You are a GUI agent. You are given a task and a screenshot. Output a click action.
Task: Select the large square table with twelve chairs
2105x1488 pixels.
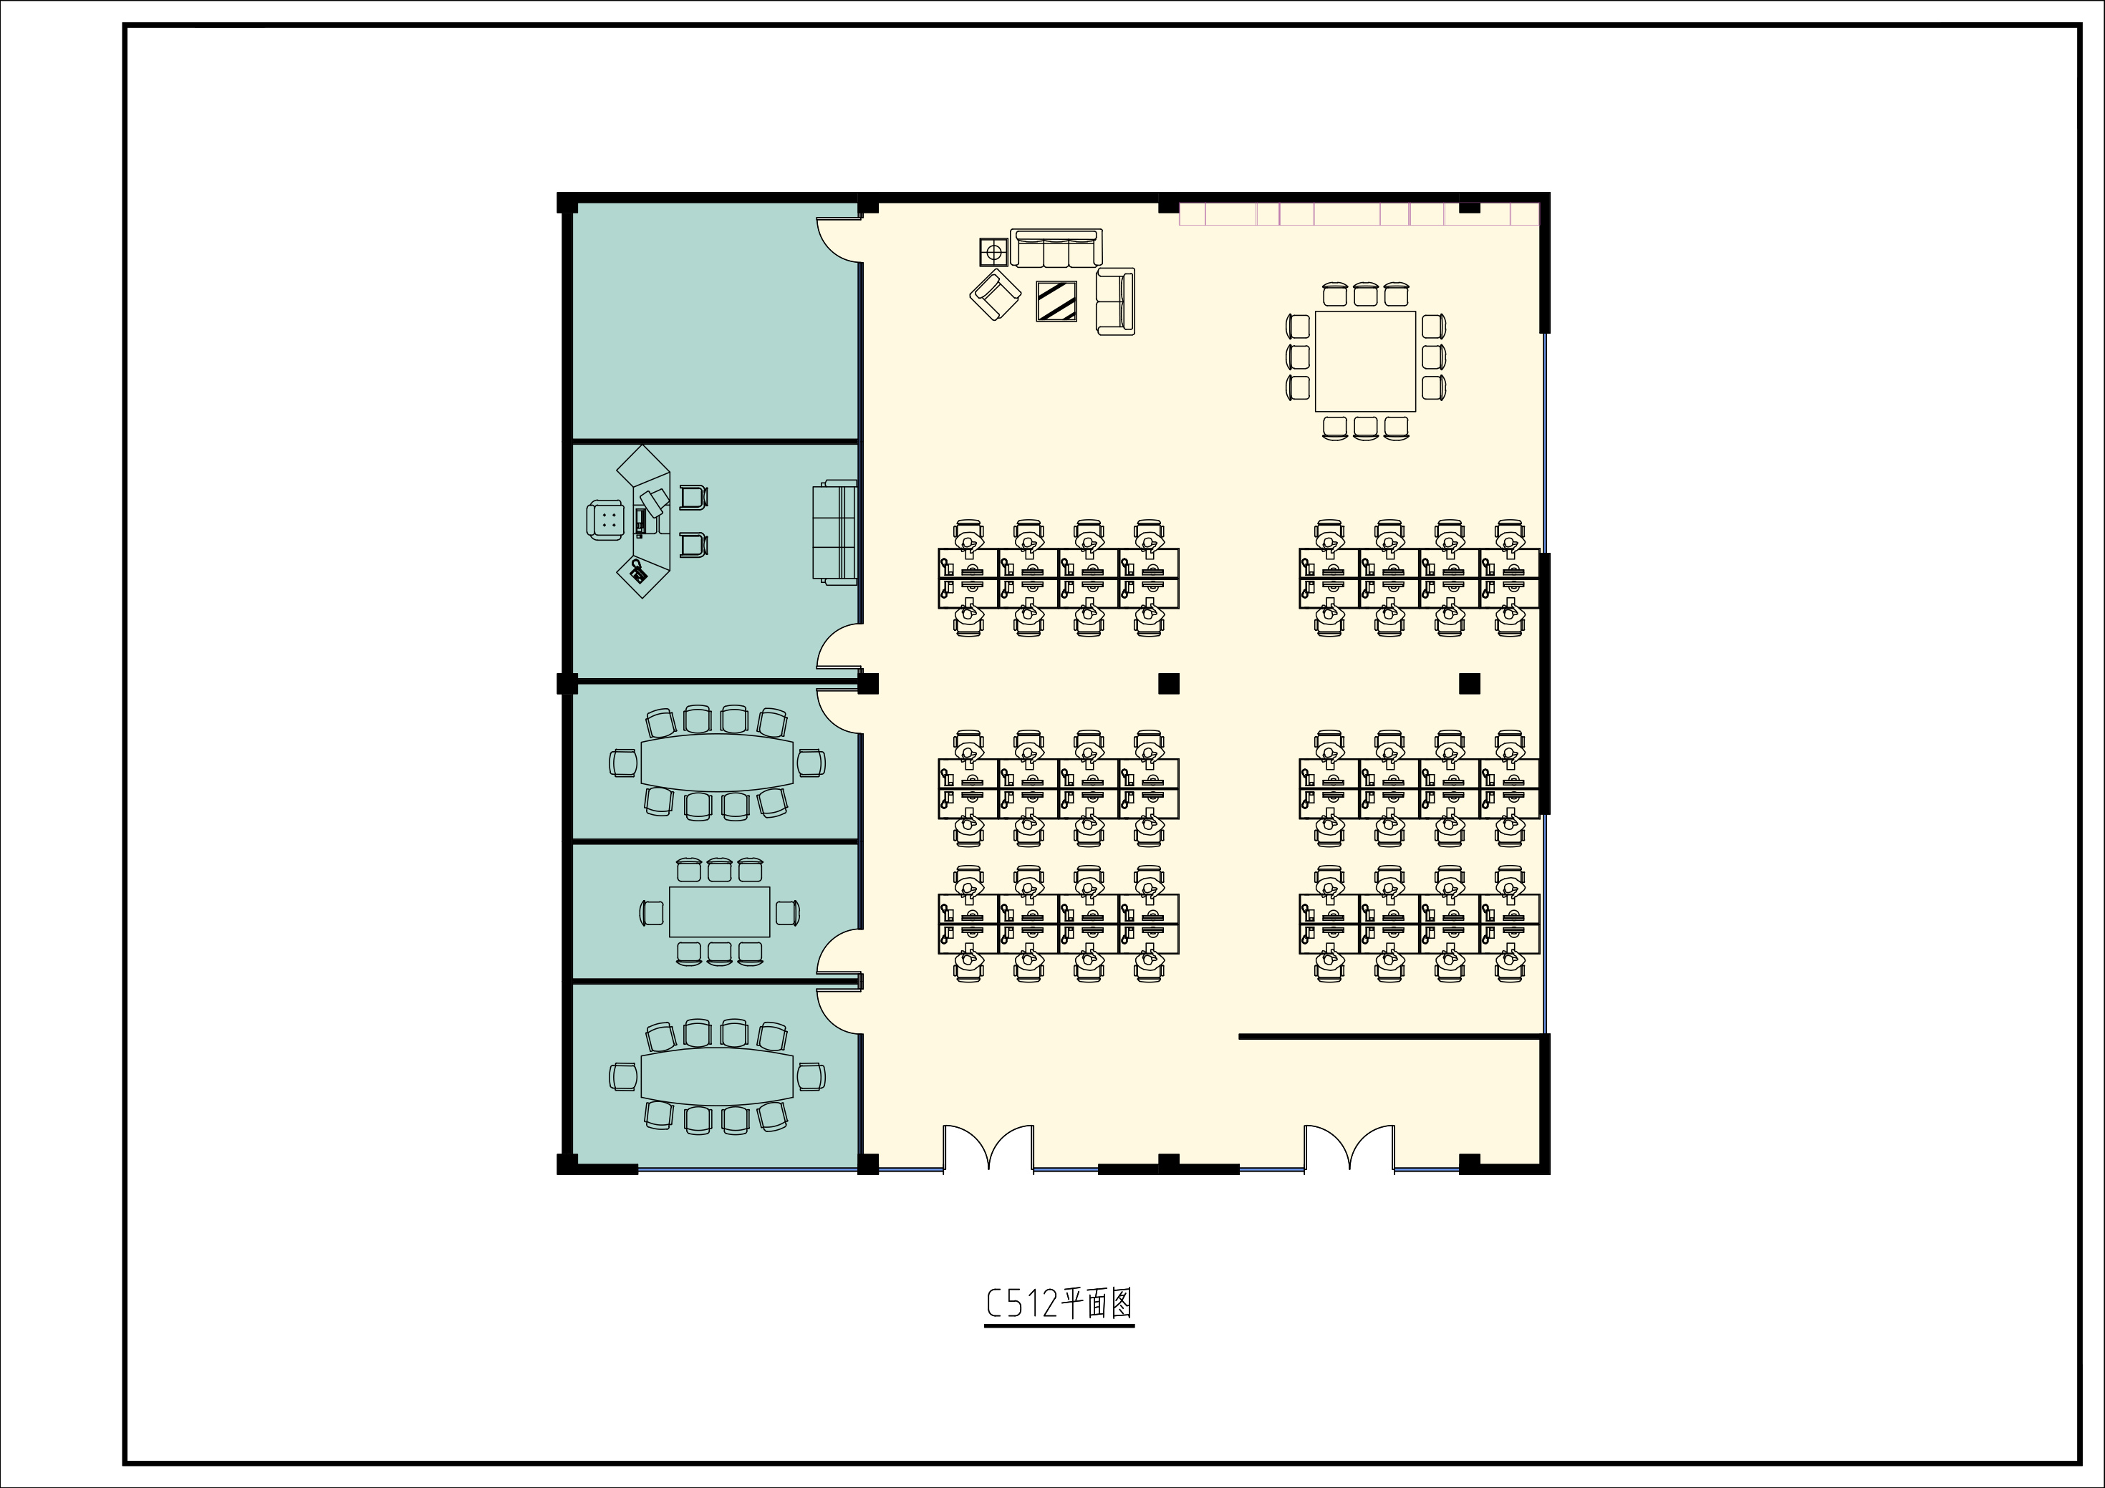1366,361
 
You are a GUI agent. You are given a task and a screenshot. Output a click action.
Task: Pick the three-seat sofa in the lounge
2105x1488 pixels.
1056,248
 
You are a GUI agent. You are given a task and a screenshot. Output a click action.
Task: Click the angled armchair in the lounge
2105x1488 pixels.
996,294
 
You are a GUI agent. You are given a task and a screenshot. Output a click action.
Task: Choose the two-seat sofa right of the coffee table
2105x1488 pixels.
1116,301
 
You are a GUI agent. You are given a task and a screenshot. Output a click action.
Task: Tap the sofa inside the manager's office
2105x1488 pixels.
834,533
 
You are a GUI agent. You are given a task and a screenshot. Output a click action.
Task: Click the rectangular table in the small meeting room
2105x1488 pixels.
720,912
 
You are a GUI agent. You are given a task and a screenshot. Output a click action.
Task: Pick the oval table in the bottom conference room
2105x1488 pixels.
717,1076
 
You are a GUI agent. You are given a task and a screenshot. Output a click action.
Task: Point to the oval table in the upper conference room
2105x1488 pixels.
717,761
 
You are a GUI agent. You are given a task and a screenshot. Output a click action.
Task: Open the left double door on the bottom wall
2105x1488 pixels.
989,1148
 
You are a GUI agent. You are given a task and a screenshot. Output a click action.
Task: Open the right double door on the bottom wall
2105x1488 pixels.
1349,1148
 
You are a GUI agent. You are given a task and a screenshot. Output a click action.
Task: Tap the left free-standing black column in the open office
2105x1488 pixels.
1168,683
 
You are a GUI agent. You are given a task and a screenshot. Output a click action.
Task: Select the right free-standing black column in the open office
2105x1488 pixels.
1470,683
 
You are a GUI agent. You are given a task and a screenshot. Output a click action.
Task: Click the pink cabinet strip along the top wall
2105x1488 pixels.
1359,213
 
